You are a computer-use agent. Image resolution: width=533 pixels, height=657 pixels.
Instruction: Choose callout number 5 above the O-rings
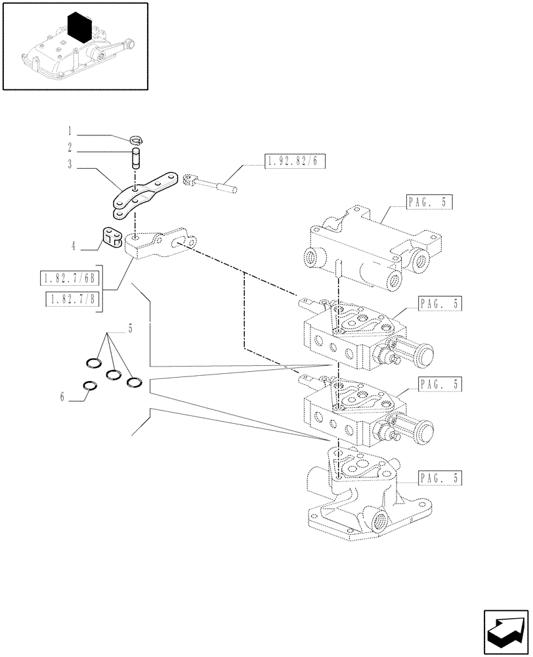(129, 329)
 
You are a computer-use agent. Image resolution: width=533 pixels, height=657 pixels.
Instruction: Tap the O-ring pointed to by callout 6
(91, 386)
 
